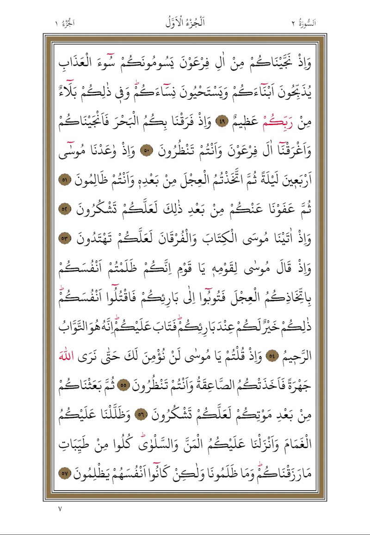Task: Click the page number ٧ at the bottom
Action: tap(60, 509)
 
